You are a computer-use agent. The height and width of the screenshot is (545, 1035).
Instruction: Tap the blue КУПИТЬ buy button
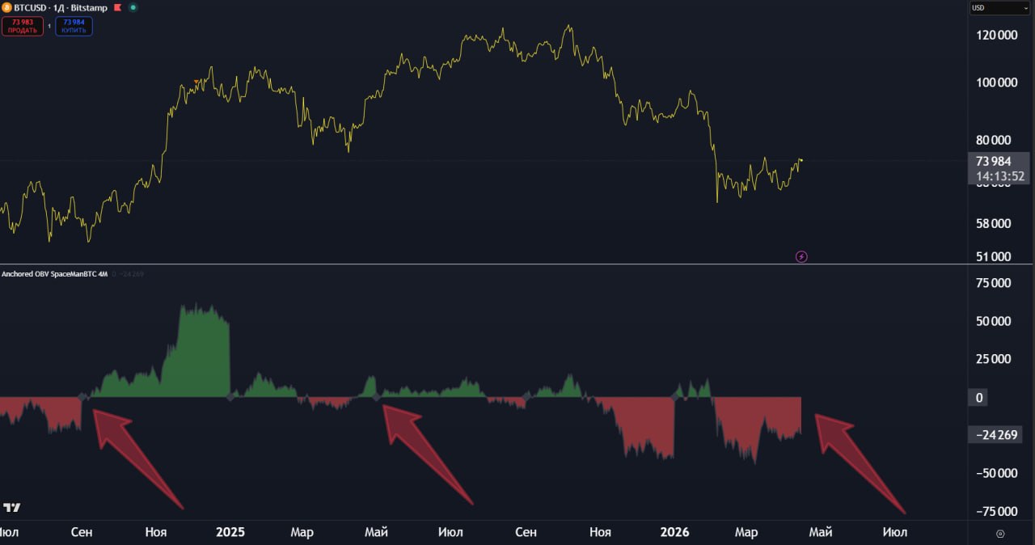tap(74, 26)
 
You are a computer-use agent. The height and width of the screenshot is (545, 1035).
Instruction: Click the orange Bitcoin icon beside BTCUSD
tap(6, 7)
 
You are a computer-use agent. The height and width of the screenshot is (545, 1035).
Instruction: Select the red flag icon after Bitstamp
tap(117, 7)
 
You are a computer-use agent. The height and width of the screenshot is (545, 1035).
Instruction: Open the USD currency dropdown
tap(999, 8)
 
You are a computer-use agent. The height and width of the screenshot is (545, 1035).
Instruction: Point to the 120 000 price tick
tap(996, 36)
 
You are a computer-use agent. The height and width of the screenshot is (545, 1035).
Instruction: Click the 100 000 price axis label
tap(996, 82)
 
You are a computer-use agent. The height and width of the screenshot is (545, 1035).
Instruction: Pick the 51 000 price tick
tap(994, 257)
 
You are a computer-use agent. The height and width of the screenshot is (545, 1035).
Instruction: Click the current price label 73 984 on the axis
tap(993, 161)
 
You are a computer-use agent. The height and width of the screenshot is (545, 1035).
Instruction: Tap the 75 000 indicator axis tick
tap(994, 283)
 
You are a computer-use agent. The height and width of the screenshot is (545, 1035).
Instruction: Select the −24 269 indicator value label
tap(995, 435)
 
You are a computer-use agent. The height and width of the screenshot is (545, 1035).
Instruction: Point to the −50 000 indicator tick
tap(992, 473)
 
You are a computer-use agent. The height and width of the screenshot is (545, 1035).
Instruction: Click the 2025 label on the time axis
tap(230, 532)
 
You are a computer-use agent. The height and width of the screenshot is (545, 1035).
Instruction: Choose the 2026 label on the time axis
tap(674, 532)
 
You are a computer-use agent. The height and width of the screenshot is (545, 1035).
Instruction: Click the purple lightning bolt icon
tap(801, 257)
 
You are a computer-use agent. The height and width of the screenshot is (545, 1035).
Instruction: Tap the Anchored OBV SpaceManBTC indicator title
tap(54, 274)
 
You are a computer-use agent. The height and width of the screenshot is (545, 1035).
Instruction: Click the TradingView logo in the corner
tap(12, 508)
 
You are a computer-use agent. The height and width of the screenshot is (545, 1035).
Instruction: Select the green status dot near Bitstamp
tap(133, 7)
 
